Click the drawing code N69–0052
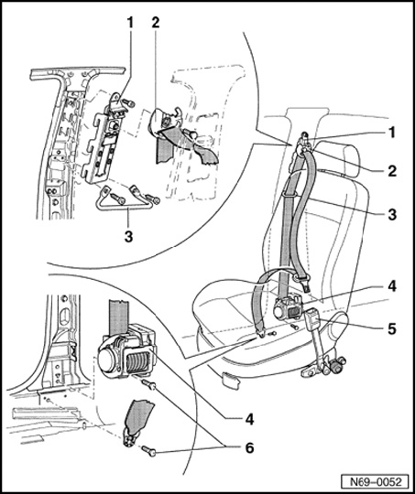[x=377, y=482]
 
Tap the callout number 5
[x=391, y=329]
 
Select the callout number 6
[x=249, y=447]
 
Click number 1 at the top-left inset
[x=130, y=22]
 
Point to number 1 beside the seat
[x=392, y=133]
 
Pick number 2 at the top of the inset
[x=155, y=22]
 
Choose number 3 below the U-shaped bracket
[x=128, y=237]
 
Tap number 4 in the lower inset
[x=249, y=419]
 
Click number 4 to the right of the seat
[x=392, y=286]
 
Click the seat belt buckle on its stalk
[x=312, y=318]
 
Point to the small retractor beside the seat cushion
[x=288, y=308]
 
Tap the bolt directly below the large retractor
[x=149, y=384]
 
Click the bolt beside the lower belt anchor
[x=148, y=451]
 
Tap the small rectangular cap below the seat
[x=231, y=379]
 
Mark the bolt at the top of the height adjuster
[x=128, y=102]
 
